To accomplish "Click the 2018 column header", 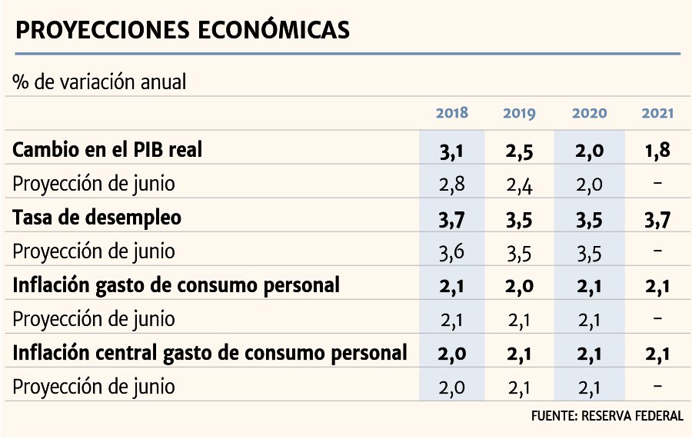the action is coord(451,113).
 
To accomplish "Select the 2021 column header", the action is coord(657,113).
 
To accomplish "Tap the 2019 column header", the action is coord(519,113).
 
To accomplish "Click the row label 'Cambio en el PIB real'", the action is coord(107,150).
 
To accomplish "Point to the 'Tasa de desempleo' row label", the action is coord(97,218).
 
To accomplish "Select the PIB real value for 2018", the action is coord(451,151).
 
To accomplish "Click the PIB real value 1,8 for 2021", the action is coord(657,151).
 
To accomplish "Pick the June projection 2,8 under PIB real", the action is coord(451,185).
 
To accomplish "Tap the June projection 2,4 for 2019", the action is coord(520,185).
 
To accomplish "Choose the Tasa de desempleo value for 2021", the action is coord(657,219).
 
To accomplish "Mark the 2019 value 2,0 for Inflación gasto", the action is coord(520,287).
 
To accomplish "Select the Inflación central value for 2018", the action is coord(451,354).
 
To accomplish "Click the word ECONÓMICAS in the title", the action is coord(273,29).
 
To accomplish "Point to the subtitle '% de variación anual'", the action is coord(99,82).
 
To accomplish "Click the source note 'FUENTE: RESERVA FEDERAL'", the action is coord(607,416).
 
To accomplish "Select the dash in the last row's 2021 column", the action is coord(657,386).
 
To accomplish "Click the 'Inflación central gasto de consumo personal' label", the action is coord(210,354).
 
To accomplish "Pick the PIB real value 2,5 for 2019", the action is coord(520,151).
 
